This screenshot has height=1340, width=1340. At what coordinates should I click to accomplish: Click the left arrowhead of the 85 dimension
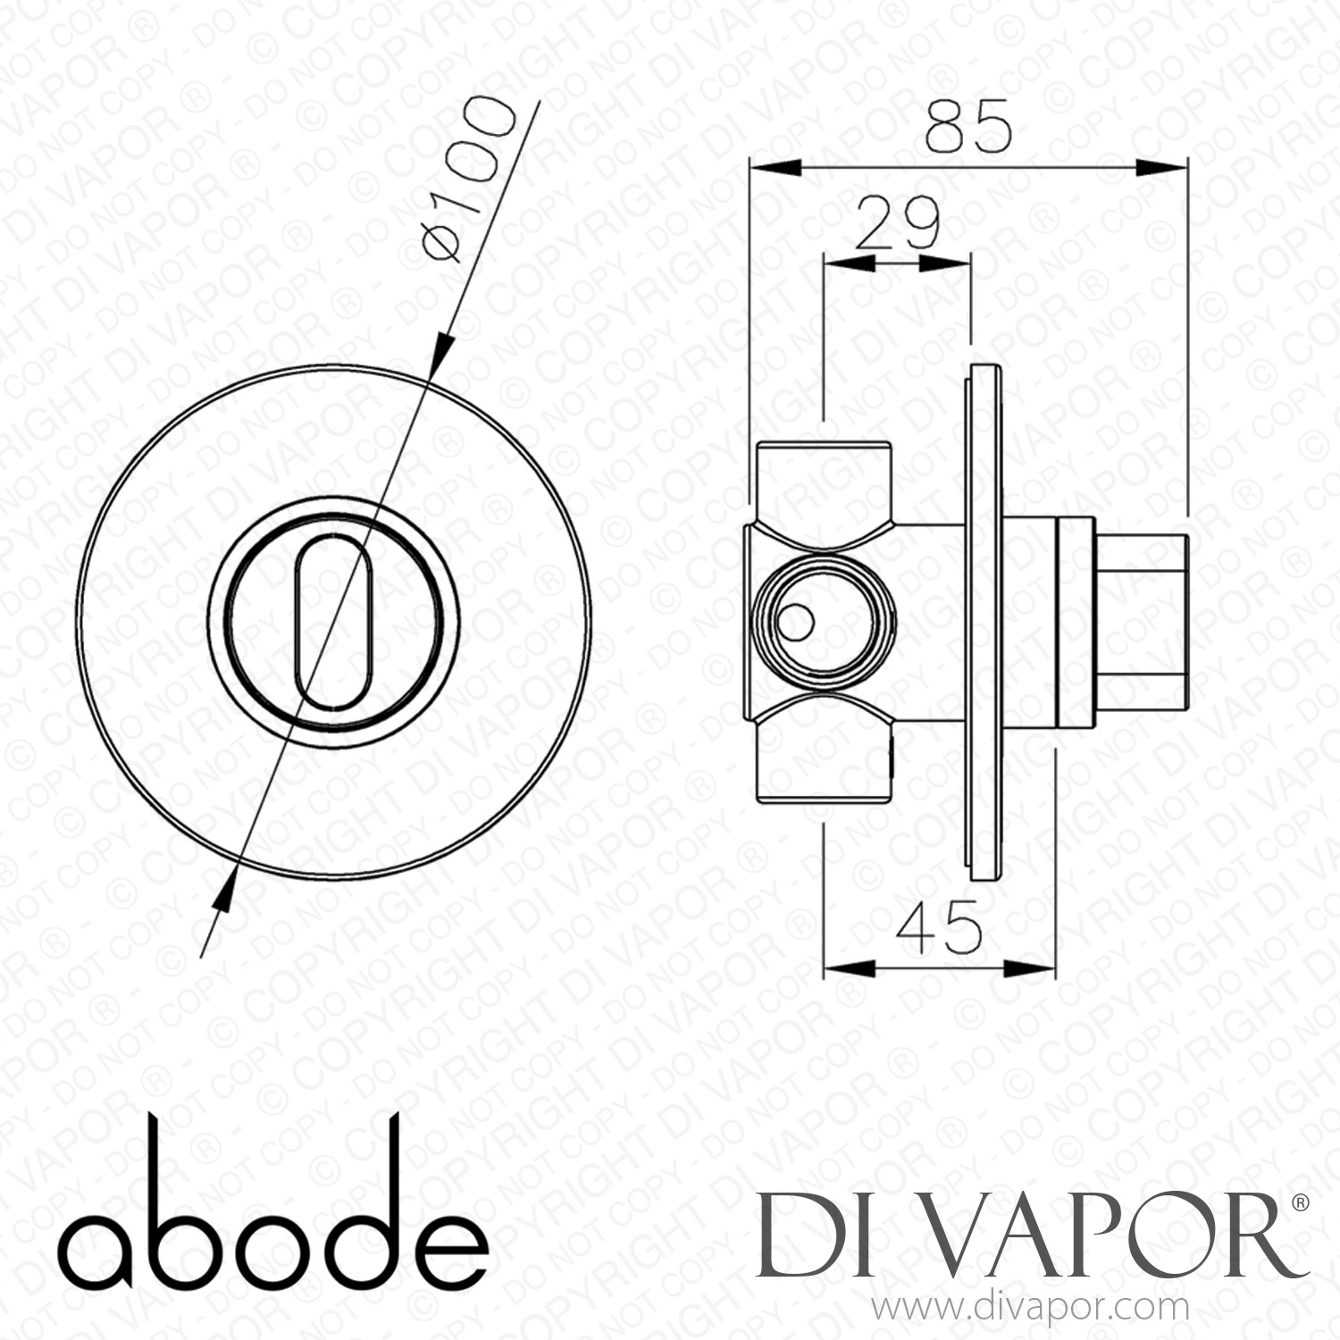click(x=772, y=166)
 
